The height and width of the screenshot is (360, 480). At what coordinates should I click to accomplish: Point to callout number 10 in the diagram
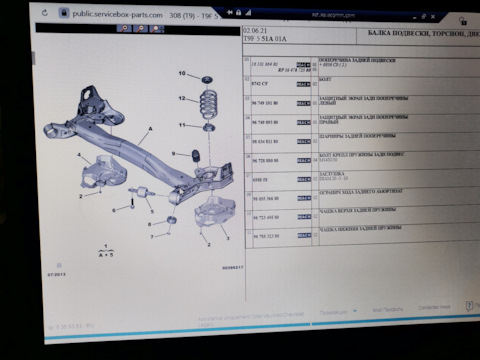pyautogui.click(x=182, y=74)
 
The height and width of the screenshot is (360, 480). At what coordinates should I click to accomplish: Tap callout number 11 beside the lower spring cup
pyautogui.click(x=182, y=124)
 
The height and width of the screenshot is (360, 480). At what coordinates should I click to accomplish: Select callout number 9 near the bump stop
pyautogui.click(x=172, y=153)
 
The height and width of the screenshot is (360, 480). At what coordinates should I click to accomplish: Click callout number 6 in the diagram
pyautogui.click(x=116, y=210)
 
